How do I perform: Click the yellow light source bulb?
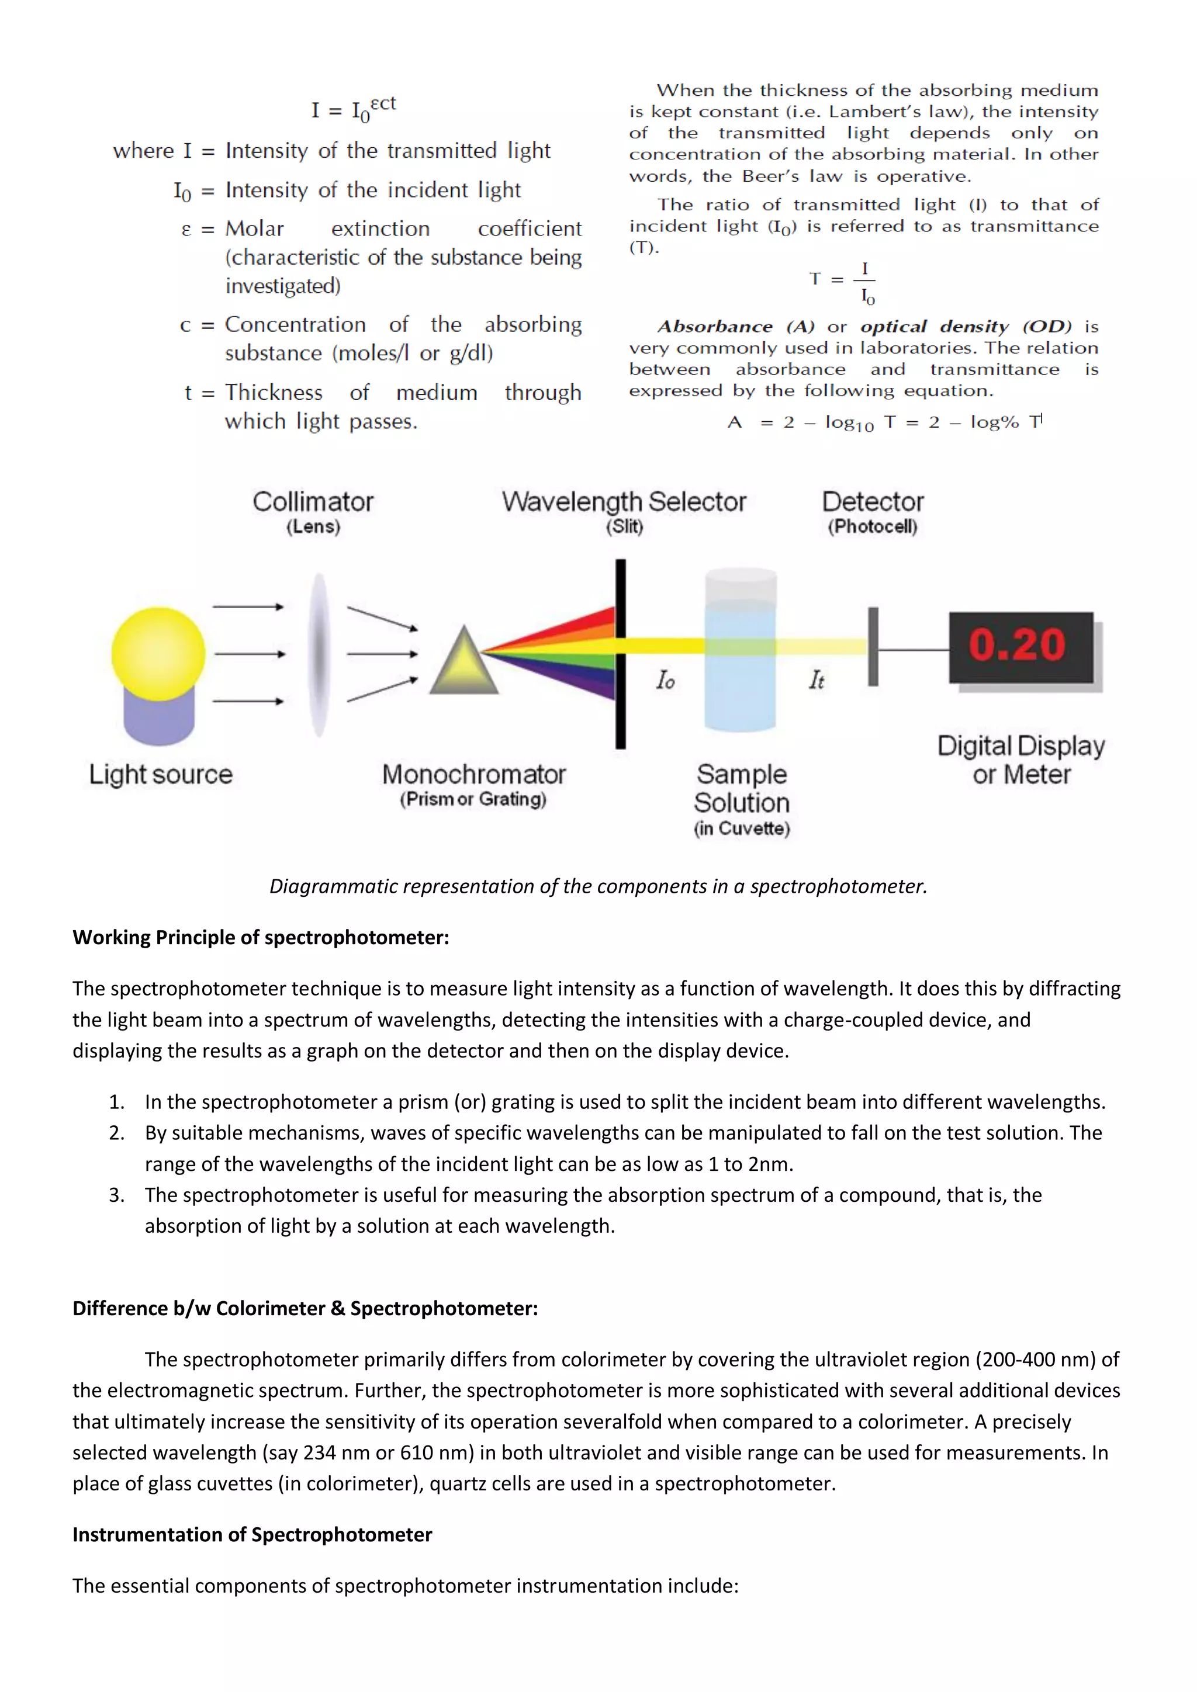coord(158,653)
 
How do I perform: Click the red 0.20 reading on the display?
coord(1017,645)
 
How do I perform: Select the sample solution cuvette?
coord(740,649)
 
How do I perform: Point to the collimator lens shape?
coord(319,654)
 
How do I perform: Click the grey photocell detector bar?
coord(873,647)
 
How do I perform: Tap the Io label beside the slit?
coord(666,679)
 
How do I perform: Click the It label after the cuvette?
coord(817,679)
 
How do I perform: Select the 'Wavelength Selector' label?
coord(624,502)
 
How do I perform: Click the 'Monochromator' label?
coord(474,775)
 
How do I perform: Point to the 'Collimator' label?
coord(313,502)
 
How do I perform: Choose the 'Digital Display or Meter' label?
coord(1021,760)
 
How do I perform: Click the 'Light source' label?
coord(161,775)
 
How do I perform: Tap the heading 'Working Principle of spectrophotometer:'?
coord(261,937)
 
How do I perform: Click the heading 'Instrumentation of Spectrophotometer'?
coord(252,1534)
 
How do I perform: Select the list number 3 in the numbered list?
coord(116,1195)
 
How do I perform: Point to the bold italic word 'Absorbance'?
coord(715,327)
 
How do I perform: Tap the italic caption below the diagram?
coord(598,886)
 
